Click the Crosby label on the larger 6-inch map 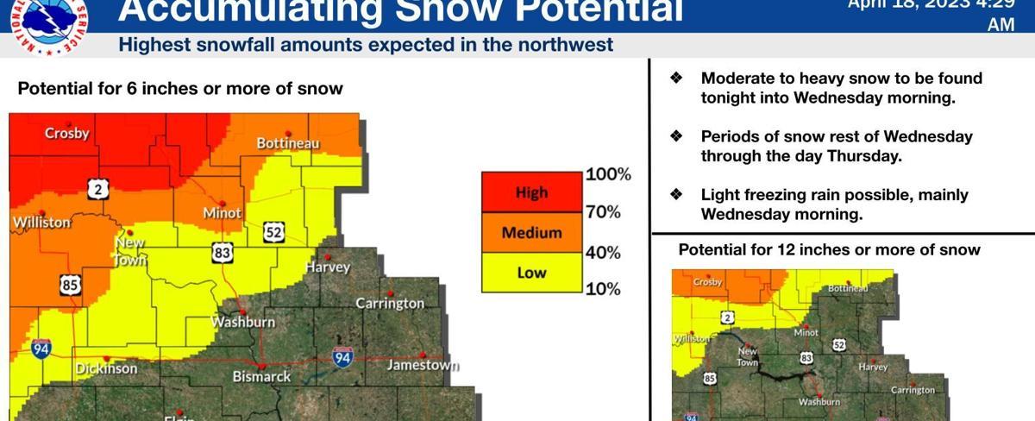67,134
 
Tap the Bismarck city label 261,377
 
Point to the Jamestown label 423,365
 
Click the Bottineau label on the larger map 288,142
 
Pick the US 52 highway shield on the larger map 274,232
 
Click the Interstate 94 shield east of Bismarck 343,357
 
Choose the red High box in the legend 531,192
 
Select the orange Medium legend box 531,232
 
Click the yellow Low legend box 531,273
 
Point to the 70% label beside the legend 603,211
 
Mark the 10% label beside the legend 603,288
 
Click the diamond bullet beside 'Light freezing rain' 677,195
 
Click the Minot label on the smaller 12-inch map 806,332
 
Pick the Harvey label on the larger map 329,267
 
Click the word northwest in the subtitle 570,44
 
